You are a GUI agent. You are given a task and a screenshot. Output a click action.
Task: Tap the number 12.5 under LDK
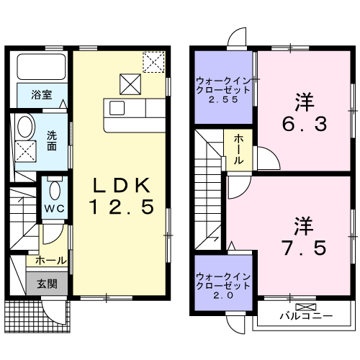tap(122, 208)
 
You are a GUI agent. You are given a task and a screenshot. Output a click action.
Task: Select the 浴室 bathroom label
tap(40, 94)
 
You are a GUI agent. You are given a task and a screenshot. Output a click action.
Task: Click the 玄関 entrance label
tap(48, 282)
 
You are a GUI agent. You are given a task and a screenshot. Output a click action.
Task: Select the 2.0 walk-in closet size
tap(222, 295)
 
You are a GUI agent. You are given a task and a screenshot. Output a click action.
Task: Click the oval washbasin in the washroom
tap(25, 127)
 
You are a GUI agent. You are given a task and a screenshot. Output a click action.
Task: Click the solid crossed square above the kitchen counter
tap(130, 84)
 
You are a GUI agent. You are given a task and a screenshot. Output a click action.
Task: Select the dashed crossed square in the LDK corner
tap(153, 63)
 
